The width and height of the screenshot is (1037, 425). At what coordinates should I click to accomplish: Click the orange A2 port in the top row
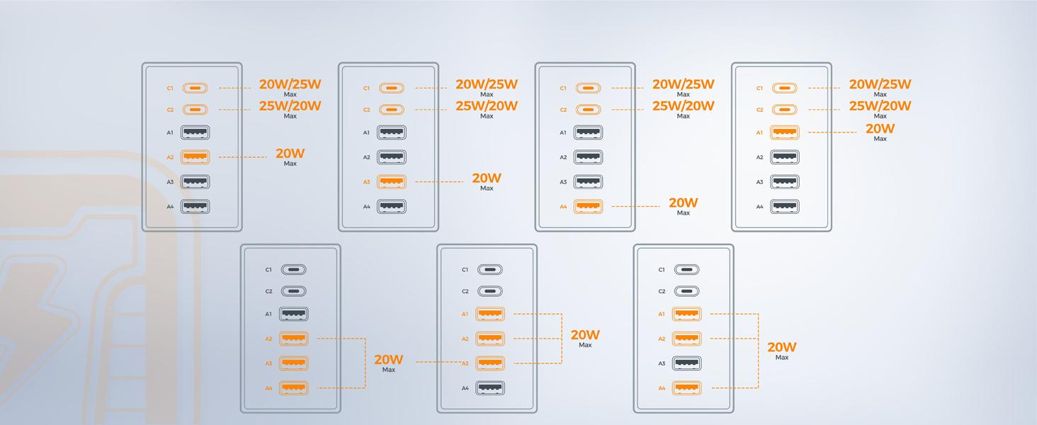click(x=195, y=157)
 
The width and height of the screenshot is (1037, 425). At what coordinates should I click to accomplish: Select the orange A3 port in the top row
click(x=392, y=181)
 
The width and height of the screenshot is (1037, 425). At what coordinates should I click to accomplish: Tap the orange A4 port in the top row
click(x=588, y=206)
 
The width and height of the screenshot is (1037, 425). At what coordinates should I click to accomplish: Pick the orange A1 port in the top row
click(x=785, y=132)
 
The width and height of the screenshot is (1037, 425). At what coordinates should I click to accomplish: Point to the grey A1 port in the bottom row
click(x=294, y=314)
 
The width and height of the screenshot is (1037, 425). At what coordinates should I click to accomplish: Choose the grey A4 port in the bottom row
click(x=490, y=387)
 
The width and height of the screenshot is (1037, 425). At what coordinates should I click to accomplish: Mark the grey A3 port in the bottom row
click(x=687, y=363)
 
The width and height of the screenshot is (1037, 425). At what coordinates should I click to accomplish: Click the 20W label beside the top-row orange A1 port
click(x=880, y=129)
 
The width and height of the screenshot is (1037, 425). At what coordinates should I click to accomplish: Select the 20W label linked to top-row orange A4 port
click(x=683, y=203)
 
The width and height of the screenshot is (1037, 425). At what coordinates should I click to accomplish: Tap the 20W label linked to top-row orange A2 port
click(x=290, y=154)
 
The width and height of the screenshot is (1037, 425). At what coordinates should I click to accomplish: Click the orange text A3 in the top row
click(x=366, y=182)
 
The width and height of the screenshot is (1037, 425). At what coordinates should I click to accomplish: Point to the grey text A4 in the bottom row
click(x=465, y=388)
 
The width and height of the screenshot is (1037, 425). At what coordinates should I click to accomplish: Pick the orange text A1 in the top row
click(x=759, y=132)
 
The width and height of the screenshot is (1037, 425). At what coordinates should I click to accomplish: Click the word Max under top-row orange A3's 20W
click(x=487, y=188)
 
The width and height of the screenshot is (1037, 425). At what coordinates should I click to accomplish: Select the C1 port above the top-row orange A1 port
click(x=785, y=89)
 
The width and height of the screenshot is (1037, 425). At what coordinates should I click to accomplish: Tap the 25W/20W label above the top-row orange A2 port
click(x=290, y=106)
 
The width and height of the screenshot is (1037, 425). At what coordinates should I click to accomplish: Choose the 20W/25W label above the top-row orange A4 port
click(x=683, y=84)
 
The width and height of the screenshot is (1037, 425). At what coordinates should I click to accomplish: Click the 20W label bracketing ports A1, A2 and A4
click(x=781, y=347)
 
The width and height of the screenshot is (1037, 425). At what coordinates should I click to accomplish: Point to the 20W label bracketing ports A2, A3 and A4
click(x=389, y=360)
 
